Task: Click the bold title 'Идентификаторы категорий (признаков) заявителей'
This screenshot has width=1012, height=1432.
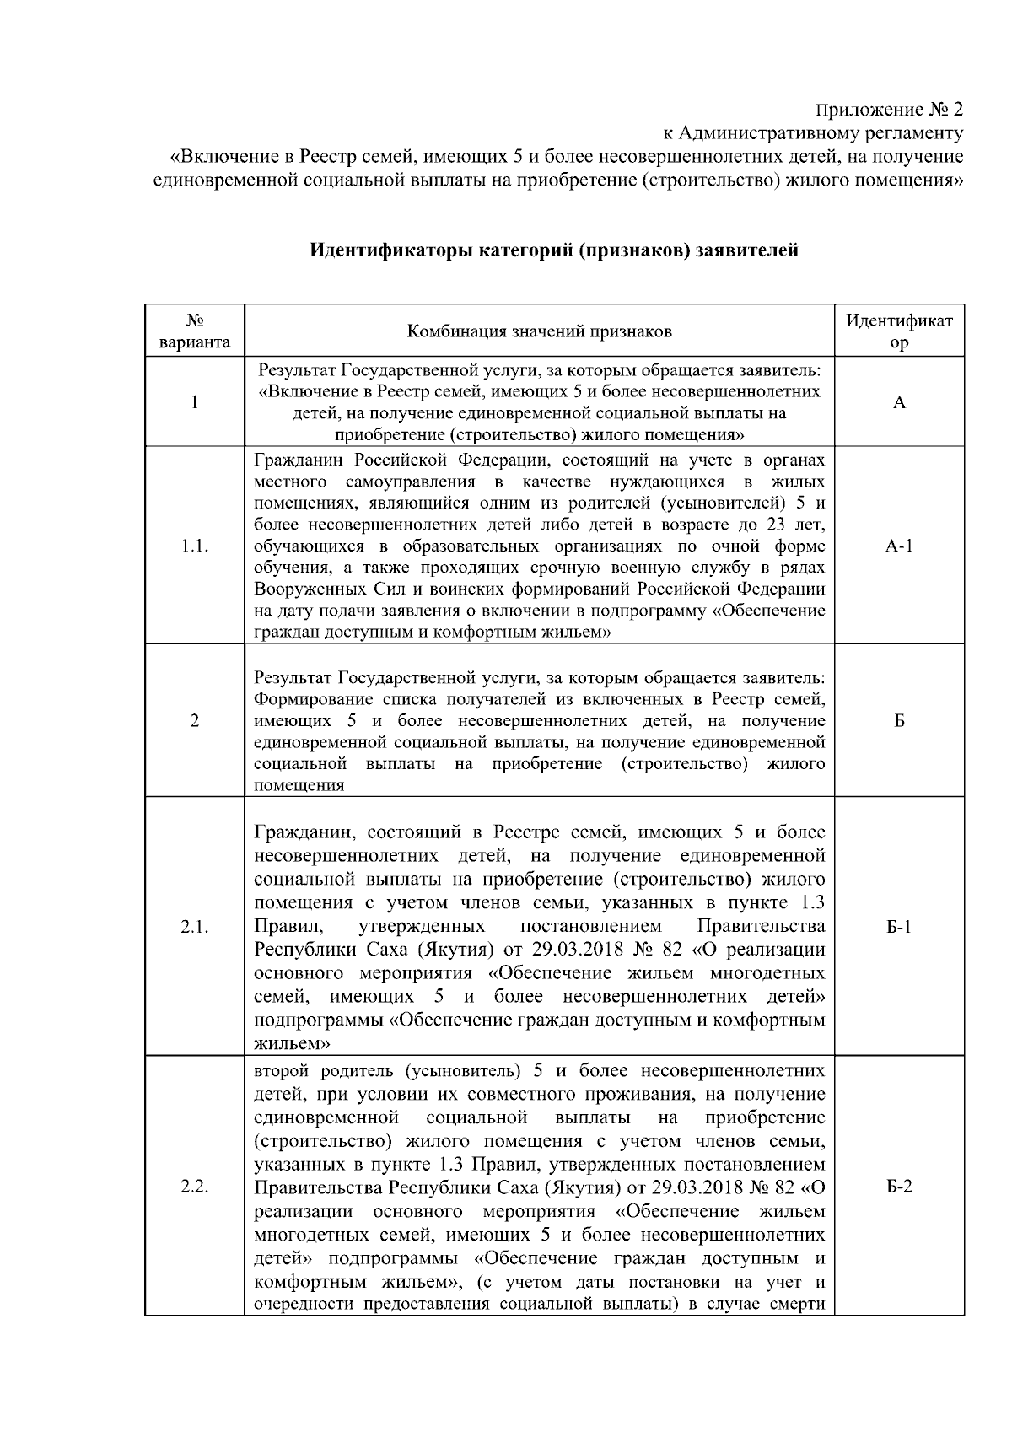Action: [x=553, y=250]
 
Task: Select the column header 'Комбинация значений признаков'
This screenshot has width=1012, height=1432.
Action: [x=540, y=331]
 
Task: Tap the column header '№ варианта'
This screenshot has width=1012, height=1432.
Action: [x=194, y=331]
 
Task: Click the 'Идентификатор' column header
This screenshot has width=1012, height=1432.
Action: [x=899, y=331]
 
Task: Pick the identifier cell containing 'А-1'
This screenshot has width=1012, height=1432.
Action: [x=899, y=546]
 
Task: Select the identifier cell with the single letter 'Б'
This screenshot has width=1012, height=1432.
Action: [x=899, y=721]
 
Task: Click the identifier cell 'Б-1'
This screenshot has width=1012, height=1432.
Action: [x=899, y=927]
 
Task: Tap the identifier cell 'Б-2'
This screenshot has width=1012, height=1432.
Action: [x=899, y=1187]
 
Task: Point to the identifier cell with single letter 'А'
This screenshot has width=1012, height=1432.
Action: [x=899, y=402]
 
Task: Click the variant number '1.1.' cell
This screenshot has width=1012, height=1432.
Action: [x=194, y=546]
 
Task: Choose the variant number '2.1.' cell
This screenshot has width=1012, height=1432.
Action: [x=194, y=927]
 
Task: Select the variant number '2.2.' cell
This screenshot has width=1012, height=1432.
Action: [x=194, y=1187]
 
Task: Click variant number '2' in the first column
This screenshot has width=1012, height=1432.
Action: [x=194, y=721]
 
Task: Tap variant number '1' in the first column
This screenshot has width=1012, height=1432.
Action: [x=194, y=402]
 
